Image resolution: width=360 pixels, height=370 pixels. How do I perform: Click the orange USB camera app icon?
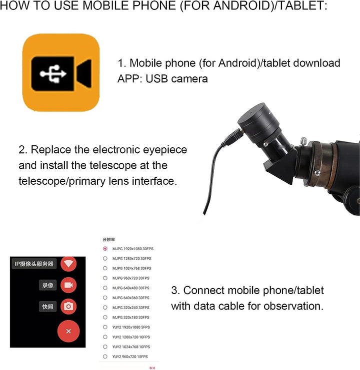click(61, 72)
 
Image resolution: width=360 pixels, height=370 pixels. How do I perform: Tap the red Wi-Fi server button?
click(68, 264)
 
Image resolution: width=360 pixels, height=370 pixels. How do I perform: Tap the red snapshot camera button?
click(68, 306)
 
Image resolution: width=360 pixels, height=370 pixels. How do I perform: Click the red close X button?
click(68, 331)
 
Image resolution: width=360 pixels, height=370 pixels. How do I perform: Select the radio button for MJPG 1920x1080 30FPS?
click(105, 249)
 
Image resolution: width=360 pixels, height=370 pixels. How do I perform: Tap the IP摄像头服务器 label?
click(33, 264)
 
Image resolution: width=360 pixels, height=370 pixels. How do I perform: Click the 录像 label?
click(47, 285)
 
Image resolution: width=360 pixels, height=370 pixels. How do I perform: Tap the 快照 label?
click(47, 307)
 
